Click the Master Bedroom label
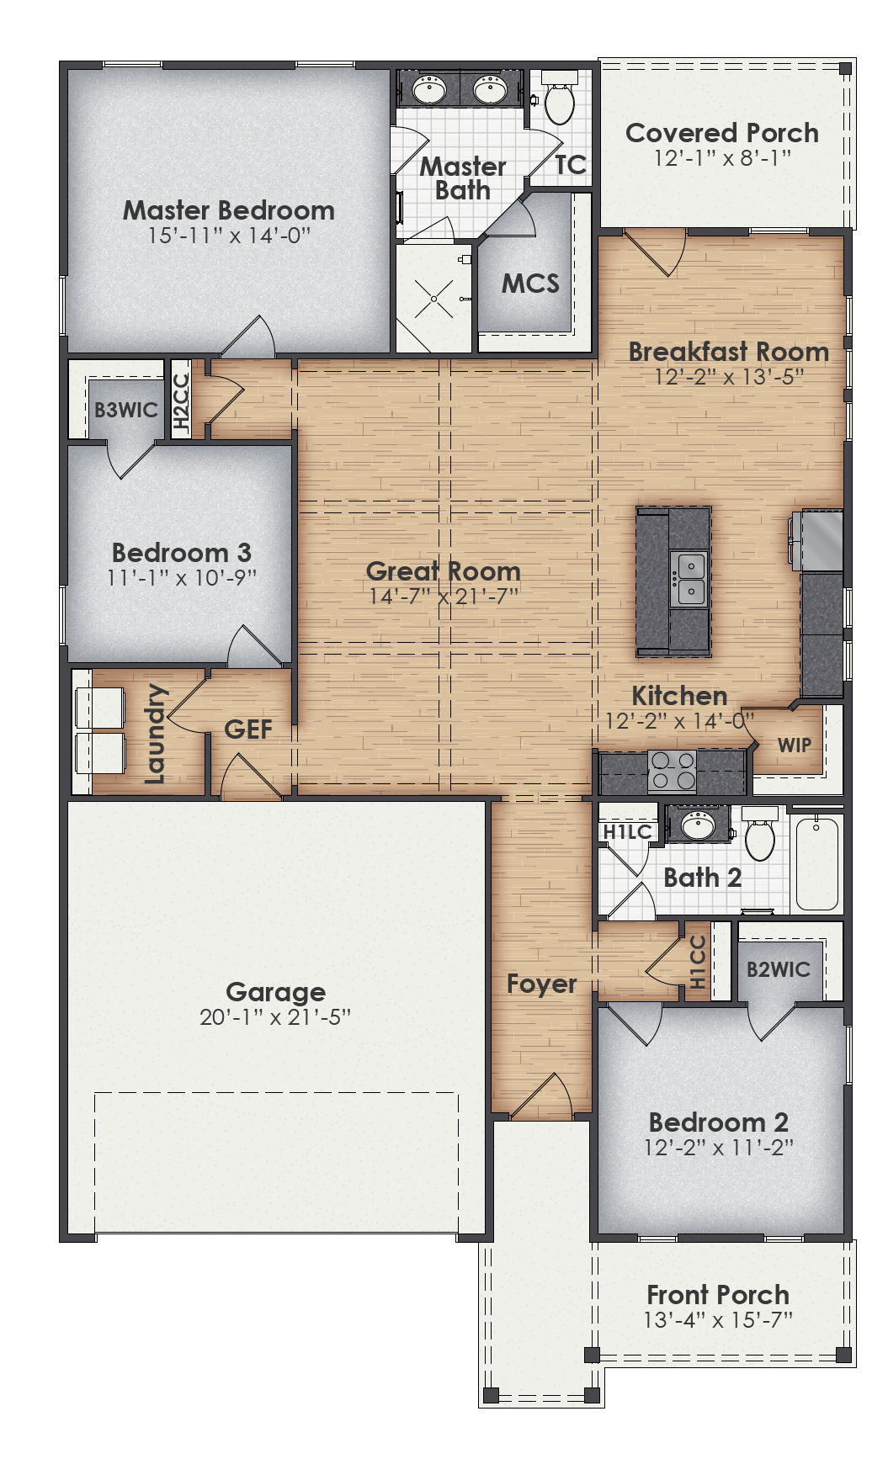228,210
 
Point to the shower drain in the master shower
434,299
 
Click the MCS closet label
530,284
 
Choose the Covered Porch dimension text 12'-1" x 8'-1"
722,157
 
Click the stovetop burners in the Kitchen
673,771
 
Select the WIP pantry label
794,745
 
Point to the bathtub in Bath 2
816,864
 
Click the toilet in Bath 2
760,836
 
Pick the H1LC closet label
628,832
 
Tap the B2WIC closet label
778,969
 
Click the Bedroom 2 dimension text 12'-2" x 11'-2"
719,1147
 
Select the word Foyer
541,984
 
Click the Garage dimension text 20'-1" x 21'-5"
275,1017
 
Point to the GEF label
248,729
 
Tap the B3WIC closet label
126,410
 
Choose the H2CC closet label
181,402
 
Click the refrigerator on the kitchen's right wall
821,540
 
